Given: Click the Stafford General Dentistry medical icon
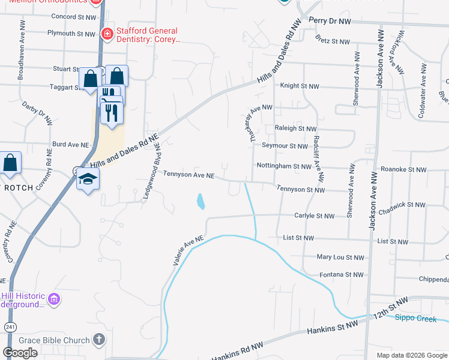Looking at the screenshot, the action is click(107, 34).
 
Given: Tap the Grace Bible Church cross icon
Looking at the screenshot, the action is click(99, 340).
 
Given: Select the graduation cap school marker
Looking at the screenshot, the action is click(88, 179).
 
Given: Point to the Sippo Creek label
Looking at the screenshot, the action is click(415, 319).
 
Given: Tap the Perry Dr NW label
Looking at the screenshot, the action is click(330, 20).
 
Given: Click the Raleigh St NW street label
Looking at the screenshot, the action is click(295, 128).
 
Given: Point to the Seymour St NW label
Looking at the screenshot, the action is click(285, 146).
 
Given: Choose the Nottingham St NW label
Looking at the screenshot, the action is click(284, 166).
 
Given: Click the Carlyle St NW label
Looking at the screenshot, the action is click(314, 215).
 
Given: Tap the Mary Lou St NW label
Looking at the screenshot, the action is click(340, 257).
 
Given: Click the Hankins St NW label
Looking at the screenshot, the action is click(332, 327).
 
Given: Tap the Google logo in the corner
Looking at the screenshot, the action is click(20, 353).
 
